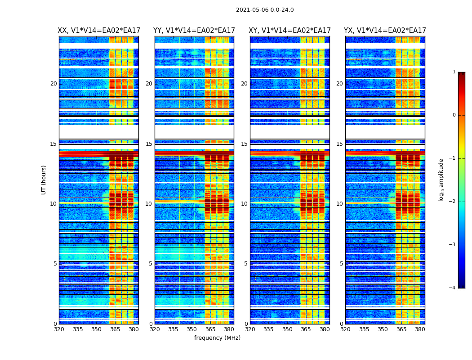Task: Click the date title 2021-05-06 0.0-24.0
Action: pyautogui.click(x=265, y=10)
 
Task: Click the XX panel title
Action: pyautogui.click(x=99, y=31)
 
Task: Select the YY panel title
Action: pyautogui.click(x=194, y=31)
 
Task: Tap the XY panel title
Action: pyautogui.click(x=289, y=31)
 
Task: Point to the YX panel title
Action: pyautogui.click(x=385, y=31)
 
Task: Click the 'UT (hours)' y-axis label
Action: pyautogui.click(x=44, y=180)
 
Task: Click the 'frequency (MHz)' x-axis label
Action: pyautogui.click(x=217, y=338)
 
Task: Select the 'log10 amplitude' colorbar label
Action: pyautogui.click(x=441, y=180)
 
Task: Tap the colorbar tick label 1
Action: pyautogui.click(x=454, y=72)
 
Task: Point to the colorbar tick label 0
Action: pyautogui.click(x=454, y=115)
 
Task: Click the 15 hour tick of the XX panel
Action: pyautogui.click(x=53, y=144)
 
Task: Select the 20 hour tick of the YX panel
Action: pyautogui.click(x=339, y=84)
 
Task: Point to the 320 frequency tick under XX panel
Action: pyautogui.click(x=59, y=329)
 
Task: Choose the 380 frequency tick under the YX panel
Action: pyautogui.click(x=420, y=329)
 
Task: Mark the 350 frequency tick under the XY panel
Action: pyautogui.click(x=287, y=329)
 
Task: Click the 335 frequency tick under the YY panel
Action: pyautogui.click(x=173, y=329)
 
